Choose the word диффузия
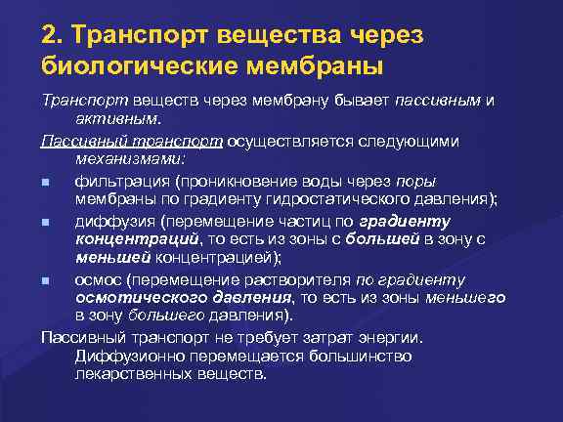[x=111, y=221]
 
